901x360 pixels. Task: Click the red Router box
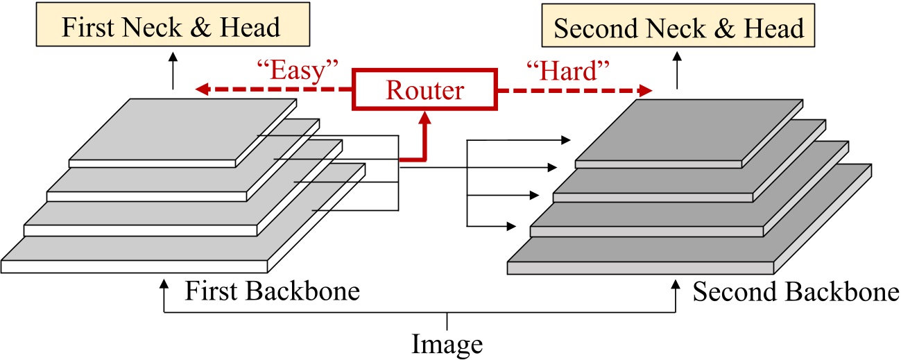(424, 89)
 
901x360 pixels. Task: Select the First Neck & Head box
(171, 28)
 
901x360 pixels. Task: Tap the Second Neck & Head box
(678, 28)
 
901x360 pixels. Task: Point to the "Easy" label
(296, 71)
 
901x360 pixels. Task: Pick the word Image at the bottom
(447, 343)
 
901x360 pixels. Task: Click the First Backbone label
(272, 291)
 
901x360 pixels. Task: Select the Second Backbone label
(796, 292)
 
